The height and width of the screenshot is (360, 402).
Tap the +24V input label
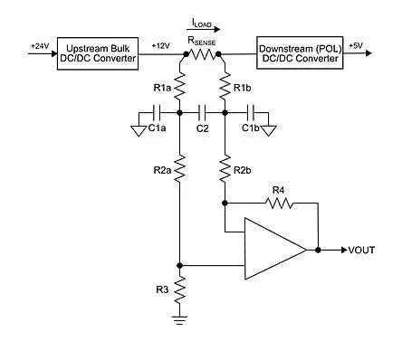(x=40, y=45)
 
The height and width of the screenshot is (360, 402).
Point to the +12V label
(x=159, y=45)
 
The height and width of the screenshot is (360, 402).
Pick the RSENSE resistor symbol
(x=203, y=54)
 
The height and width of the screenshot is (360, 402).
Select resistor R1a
(x=180, y=87)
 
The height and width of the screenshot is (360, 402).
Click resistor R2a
(x=180, y=168)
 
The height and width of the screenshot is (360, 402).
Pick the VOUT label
(x=362, y=250)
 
